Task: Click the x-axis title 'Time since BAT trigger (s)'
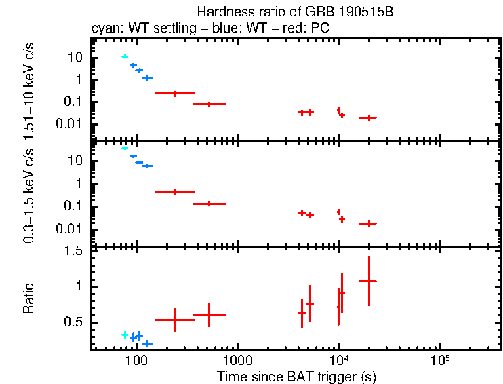coord(296,377)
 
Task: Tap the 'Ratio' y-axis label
coord(28,299)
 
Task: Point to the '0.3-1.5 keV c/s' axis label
coord(28,197)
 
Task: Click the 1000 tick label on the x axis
coord(237,359)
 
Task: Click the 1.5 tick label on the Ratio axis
coord(76,250)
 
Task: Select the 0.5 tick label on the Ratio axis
coord(76,322)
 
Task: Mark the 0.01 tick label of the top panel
coord(72,124)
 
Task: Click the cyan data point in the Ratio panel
coord(125,334)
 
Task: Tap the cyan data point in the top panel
coord(125,56)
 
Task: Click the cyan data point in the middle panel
coord(125,148)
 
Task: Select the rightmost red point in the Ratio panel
coord(368,281)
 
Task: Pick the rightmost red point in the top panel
coord(368,117)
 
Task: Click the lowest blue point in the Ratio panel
coord(147,344)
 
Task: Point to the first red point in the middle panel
coord(175,192)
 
